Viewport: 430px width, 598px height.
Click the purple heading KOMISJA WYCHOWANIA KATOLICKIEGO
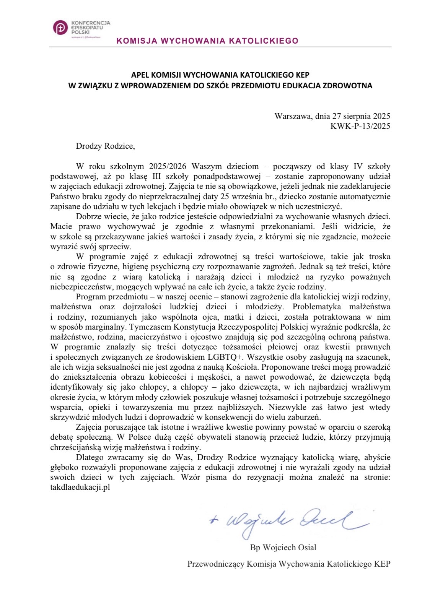click(207, 41)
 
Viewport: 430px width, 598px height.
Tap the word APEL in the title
click(140, 76)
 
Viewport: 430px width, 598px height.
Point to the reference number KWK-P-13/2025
click(360, 126)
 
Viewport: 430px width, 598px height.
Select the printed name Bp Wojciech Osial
click(283, 548)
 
